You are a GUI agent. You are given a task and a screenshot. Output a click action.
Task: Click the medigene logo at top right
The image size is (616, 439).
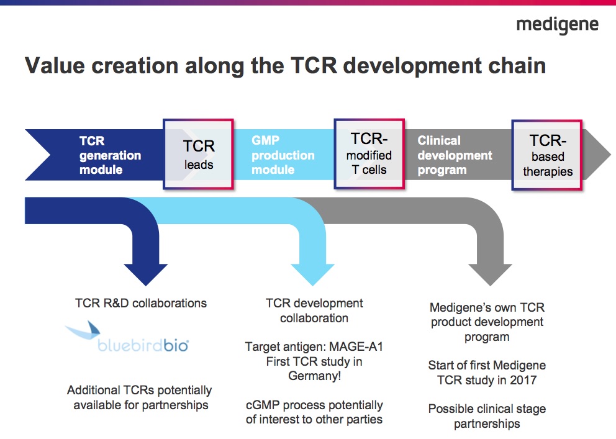[557, 25]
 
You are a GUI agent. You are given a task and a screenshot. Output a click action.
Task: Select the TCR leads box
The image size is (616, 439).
[199, 154]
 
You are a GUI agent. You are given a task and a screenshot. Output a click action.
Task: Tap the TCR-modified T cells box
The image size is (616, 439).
[369, 154]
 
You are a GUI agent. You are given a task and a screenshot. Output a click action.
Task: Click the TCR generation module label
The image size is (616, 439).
[110, 155]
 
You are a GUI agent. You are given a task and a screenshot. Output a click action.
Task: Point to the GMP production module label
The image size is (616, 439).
[283, 155]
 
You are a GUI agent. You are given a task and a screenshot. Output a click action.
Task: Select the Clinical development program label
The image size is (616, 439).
[455, 155]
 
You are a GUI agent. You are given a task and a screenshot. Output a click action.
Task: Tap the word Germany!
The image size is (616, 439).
[313, 376]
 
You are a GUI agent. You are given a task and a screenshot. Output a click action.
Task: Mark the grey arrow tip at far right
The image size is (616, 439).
[604, 154]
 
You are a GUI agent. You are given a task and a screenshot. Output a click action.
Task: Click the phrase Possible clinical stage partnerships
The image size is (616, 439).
[487, 417]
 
